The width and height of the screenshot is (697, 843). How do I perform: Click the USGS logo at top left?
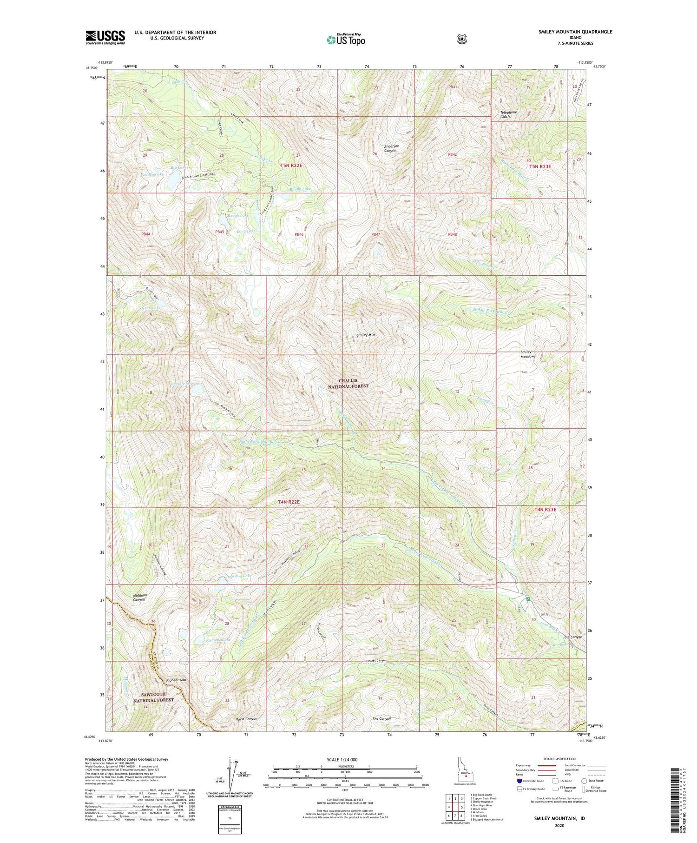[105, 37]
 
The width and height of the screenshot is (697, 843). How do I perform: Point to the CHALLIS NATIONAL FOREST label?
[348, 384]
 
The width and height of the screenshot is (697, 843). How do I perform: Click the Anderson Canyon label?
[391, 148]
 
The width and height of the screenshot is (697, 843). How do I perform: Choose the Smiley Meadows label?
[528, 354]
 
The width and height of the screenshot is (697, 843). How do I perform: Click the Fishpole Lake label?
[218, 640]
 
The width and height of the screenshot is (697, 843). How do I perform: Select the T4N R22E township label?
[289, 502]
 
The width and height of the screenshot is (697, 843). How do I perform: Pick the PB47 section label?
[375, 235]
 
